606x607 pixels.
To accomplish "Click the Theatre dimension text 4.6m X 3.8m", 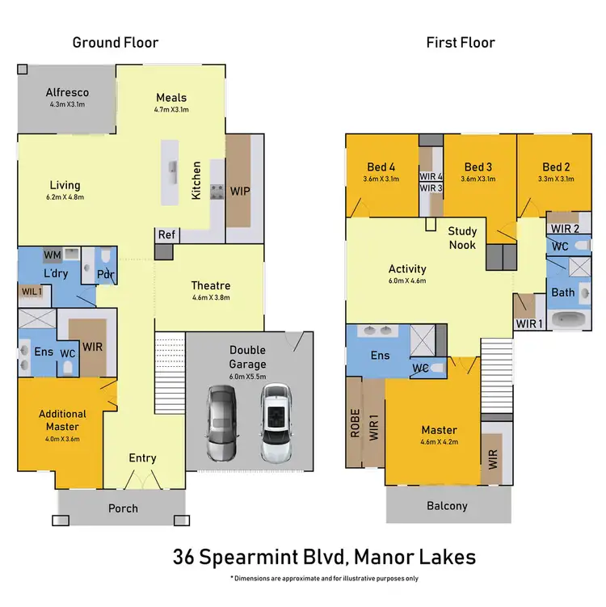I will (x=211, y=298).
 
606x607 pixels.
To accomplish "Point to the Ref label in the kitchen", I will (x=166, y=235).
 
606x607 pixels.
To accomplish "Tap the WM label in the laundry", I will (x=52, y=254).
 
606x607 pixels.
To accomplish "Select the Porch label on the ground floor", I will (x=123, y=508).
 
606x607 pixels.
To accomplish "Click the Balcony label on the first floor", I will (x=447, y=506).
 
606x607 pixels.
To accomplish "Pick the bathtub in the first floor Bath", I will (x=571, y=319).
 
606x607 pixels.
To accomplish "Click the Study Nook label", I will (x=463, y=238).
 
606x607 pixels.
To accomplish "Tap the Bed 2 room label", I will (x=557, y=167).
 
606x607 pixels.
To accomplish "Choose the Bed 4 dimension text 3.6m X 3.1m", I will (x=381, y=179).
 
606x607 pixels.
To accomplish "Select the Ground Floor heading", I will (x=116, y=42).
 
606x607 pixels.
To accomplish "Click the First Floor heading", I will (x=461, y=42).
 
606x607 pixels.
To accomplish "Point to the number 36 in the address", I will (x=185, y=557).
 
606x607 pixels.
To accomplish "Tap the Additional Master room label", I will (x=62, y=420).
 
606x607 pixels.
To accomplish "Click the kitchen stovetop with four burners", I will (x=217, y=192).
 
